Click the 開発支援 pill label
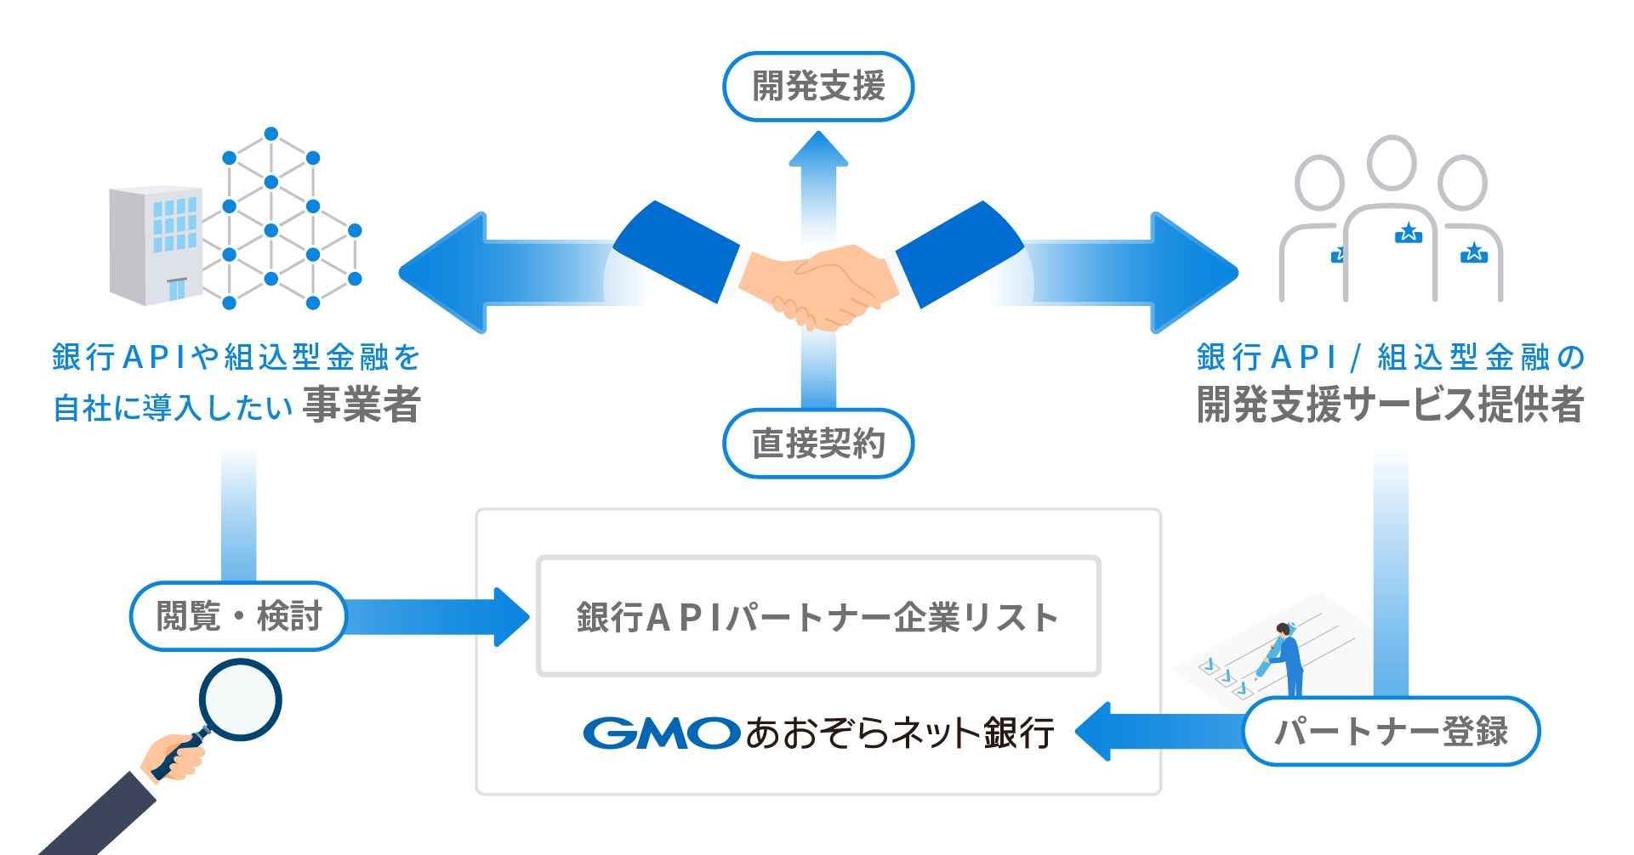click(818, 87)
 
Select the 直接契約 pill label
click(818, 444)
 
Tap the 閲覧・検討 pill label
click(238, 616)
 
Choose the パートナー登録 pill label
click(1392, 732)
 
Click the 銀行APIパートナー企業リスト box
click(818, 617)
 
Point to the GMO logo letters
click(661, 733)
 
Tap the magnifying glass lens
click(240, 700)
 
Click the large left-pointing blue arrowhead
click(442, 273)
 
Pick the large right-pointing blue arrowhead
click(1194, 273)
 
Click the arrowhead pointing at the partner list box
click(511, 617)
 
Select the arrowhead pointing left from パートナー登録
click(1094, 732)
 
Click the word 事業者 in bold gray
click(362, 405)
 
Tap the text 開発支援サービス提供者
click(1390, 405)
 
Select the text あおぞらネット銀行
click(900, 733)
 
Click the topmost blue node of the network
click(271, 133)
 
